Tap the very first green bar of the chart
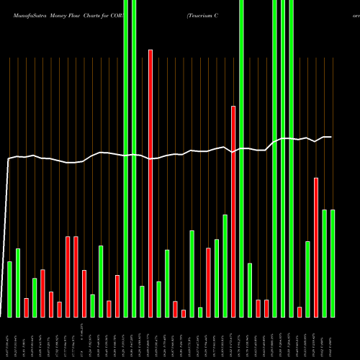(x=9, y=289)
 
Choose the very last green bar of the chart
(x=333, y=263)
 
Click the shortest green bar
(x=200, y=312)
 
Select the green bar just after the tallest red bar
(x=158, y=299)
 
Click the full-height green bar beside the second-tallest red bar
(x=241, y=158)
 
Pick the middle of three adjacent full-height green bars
(x=283, y=158)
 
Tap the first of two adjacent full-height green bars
(x=126, y=158)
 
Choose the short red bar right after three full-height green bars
(x=300, y=312)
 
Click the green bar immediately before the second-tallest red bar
(x=225, y=266)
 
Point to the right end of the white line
(x=331, y=137)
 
